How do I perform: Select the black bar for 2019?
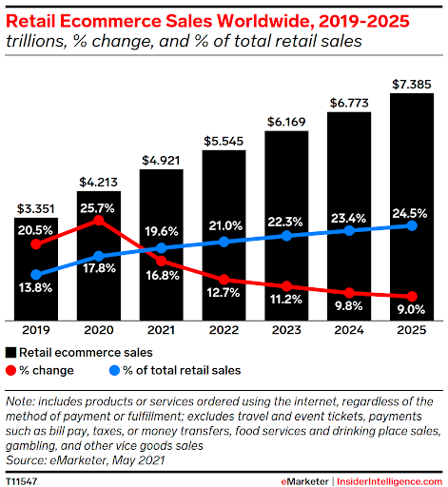click(36, 276)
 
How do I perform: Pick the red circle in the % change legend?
click(11, 369)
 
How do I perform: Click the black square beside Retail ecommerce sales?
click(11, 352)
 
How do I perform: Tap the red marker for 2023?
click(286, 285)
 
